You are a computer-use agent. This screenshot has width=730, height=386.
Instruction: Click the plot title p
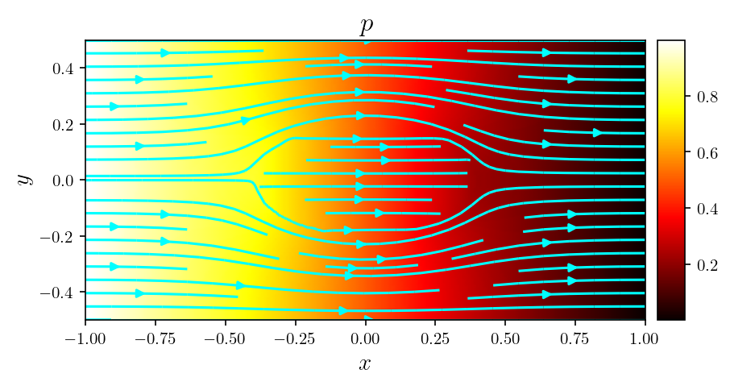coord(365,27)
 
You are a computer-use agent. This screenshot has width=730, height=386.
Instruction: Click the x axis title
coord(365,363)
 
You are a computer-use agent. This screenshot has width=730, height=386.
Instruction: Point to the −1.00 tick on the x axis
coord(85,334)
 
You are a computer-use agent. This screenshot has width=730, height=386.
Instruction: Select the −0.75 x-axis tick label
coord(156,334)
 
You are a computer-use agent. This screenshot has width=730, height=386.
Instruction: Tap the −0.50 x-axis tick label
coord(226,334)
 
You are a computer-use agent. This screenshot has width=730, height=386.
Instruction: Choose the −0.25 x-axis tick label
coord(295,334)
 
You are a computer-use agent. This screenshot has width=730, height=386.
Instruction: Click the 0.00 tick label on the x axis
coord(365,334)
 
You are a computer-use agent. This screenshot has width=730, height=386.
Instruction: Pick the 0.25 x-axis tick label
coord(435,334)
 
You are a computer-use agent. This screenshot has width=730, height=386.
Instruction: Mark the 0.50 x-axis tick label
coord(505,334)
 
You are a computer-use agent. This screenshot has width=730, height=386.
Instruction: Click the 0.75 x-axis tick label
coord(575,334)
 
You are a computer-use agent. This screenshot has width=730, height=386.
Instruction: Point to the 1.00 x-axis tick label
coord(645,334)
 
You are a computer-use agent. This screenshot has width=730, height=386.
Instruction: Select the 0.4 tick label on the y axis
coord(64,69)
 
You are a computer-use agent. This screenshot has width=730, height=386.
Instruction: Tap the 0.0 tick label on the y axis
coord(64,181)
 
